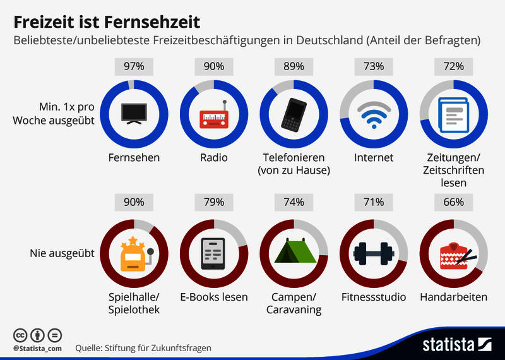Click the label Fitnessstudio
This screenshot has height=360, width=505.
click(x=373, y=297)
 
